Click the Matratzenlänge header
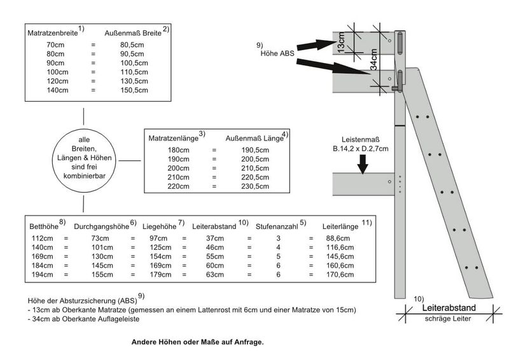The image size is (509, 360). (173, 137)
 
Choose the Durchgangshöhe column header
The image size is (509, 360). (101, 226)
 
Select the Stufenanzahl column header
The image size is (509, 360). (277, 226)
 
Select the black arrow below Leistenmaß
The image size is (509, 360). (363, 165)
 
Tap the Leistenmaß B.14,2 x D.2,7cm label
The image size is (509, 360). (360, 144)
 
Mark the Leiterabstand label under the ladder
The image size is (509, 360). (449, 307)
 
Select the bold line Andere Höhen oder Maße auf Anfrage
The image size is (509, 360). (197, 342)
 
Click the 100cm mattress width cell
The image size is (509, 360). (56, 73)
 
